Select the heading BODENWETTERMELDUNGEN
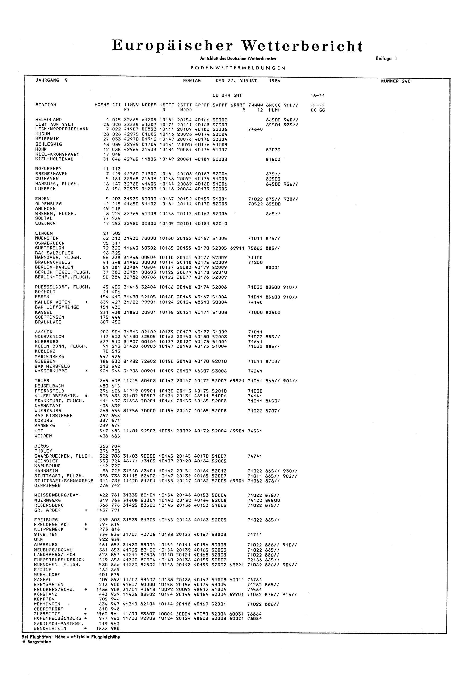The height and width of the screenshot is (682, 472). tap(238, 68)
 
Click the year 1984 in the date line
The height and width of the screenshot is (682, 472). tap(274, 81)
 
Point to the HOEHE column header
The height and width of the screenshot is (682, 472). tap(101, 105)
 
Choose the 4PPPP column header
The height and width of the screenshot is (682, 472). tap(202, 105)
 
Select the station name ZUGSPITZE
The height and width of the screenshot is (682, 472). tap(47, 614)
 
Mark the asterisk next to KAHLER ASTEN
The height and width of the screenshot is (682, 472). tap(86, 302)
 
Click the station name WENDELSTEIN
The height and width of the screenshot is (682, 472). tap(50, 628)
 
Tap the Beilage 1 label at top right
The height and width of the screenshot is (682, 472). tap(386, 59)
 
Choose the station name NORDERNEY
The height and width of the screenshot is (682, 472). tap(48, 169)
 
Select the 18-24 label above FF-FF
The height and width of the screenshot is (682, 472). tap(318, 96)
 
